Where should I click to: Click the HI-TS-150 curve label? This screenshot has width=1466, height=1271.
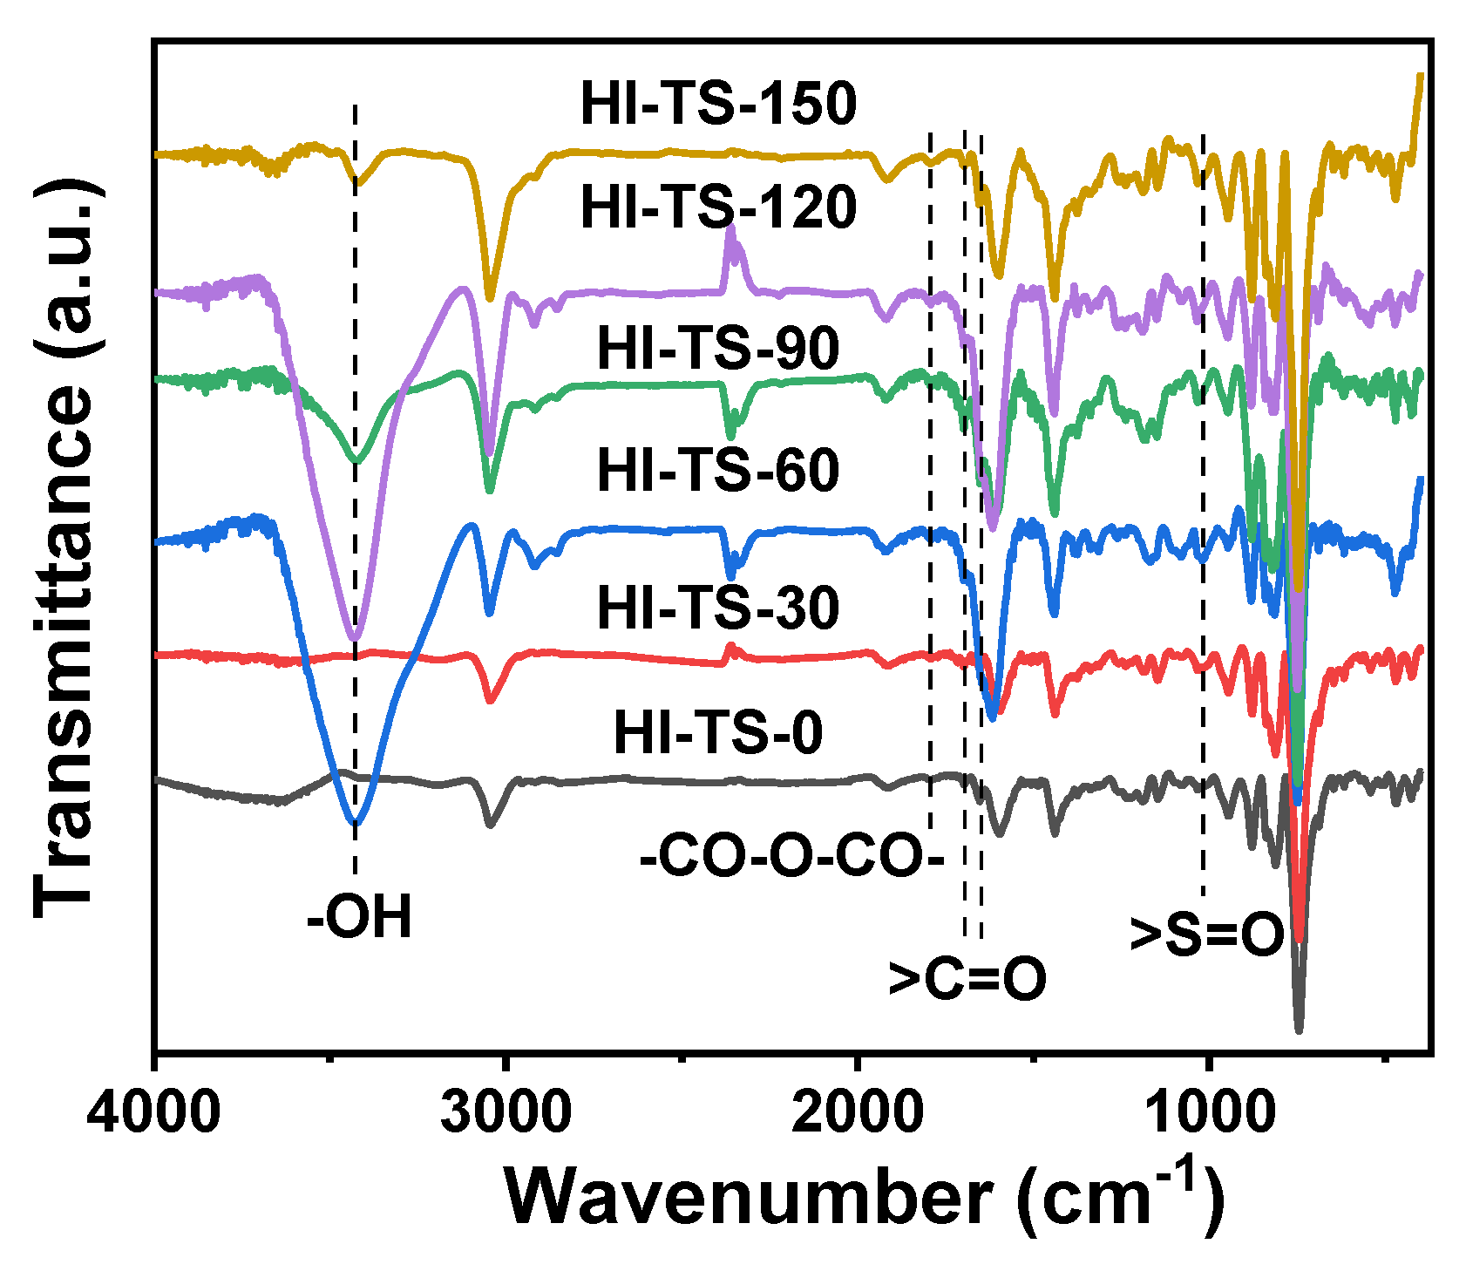[718, 105]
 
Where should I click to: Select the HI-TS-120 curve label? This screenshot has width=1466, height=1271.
[718, 208]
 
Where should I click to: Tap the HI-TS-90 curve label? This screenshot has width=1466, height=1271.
[718, 349]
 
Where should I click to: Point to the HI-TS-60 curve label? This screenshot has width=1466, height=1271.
[718, 471]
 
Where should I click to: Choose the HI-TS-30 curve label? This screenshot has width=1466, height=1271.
[718, 608]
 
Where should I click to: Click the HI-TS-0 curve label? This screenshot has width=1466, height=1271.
[718, 733]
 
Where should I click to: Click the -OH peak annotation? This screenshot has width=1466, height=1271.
[359, 918]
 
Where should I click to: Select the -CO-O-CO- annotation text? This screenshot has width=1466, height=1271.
[791, 858]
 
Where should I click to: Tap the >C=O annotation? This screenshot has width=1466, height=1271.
[967, 979]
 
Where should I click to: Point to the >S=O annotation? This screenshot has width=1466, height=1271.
[1206, 935]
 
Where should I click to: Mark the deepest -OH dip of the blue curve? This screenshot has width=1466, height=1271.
[355, 822]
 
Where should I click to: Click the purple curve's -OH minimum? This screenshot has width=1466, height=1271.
[354, 639]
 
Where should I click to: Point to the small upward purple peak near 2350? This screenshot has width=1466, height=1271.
[730, 228]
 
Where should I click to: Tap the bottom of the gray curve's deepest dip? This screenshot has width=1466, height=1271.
[1299, 1030]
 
